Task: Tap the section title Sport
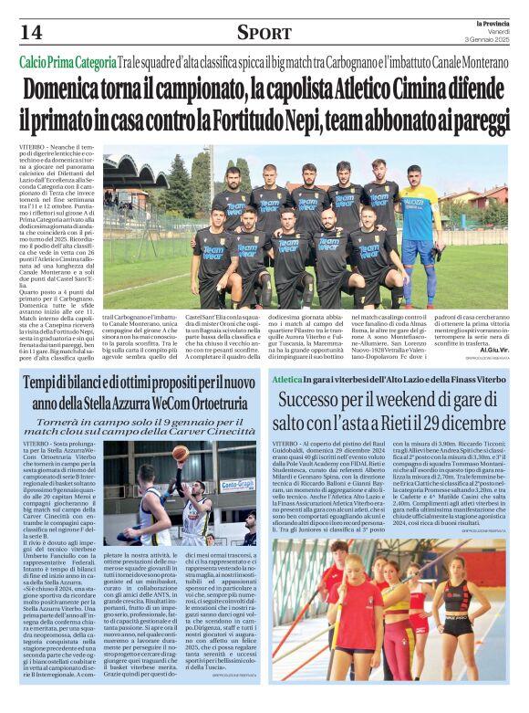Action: point(264,33)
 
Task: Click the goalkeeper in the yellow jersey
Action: point(419,228)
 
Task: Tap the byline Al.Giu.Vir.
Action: point(493,348)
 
